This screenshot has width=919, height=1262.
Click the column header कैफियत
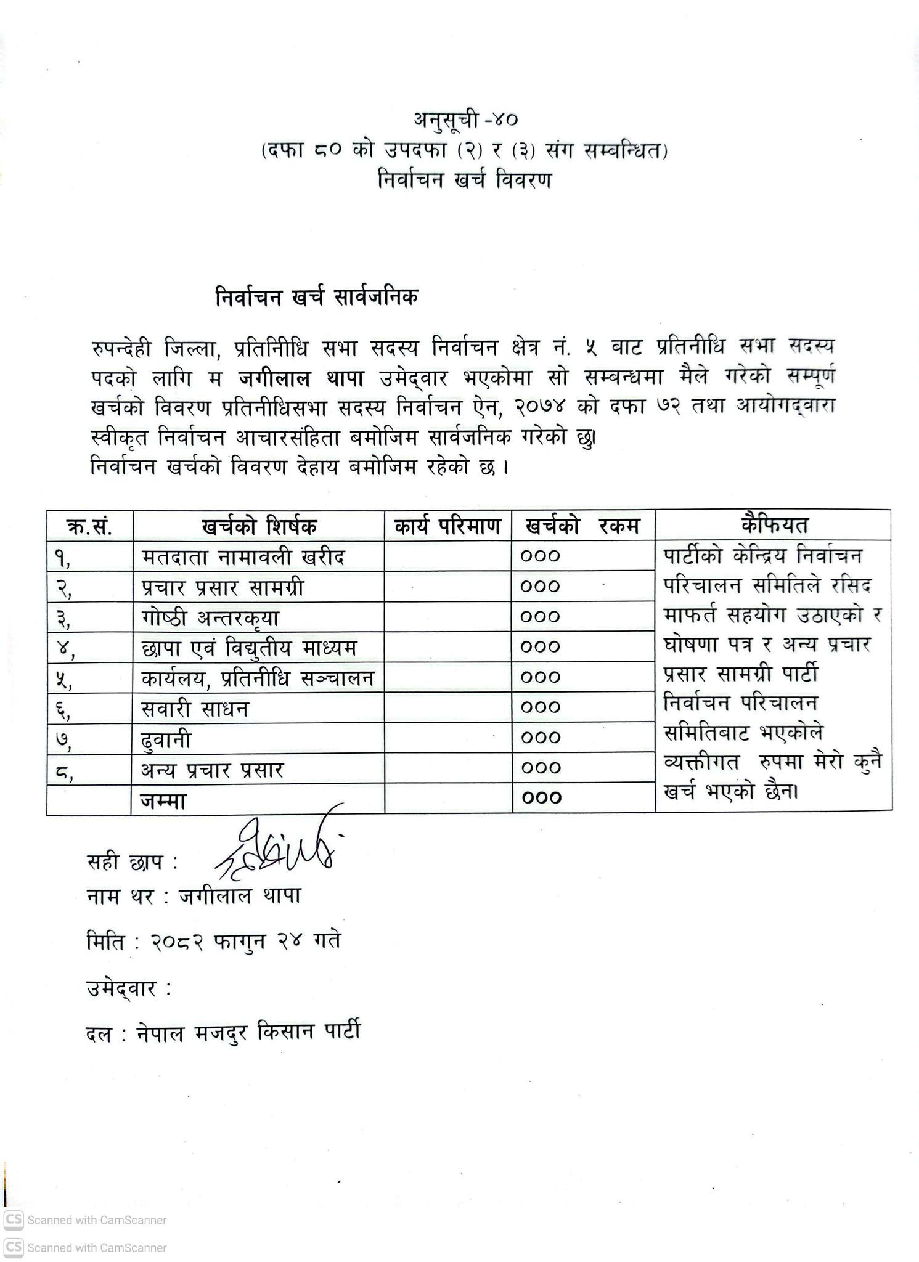coord(774,526)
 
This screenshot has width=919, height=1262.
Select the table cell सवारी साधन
coord(195,709)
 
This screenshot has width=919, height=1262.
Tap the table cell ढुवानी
coord(166,739)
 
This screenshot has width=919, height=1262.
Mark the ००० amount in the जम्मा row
coord(541,798)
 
